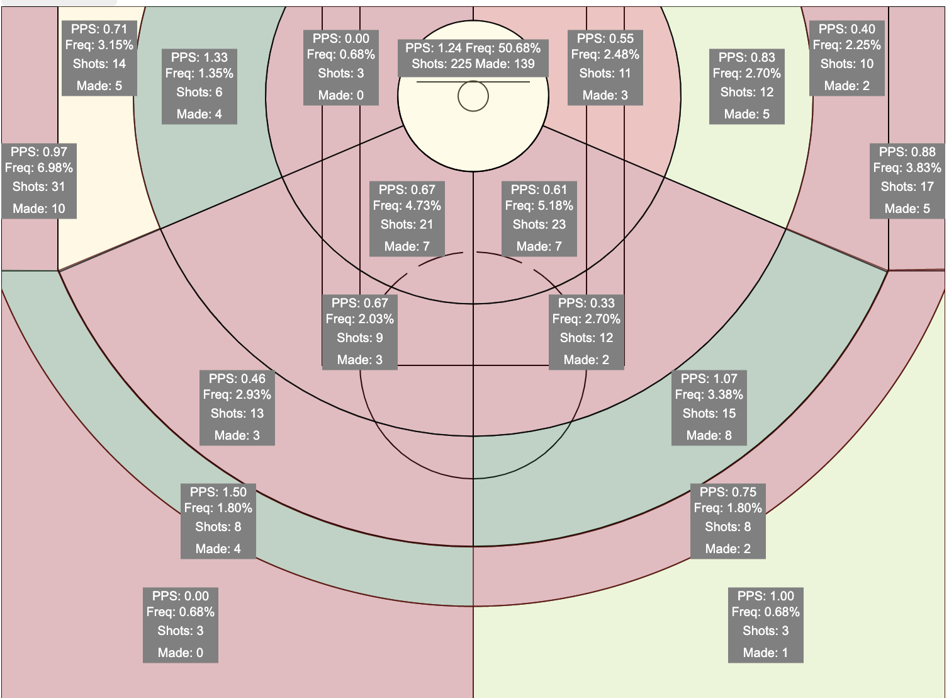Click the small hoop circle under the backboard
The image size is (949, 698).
473,96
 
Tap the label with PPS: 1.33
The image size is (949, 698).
199,86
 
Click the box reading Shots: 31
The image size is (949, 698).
39,181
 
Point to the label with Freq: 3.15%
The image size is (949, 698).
99,58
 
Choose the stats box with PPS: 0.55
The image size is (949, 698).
605,67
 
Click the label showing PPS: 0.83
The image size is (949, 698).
747,86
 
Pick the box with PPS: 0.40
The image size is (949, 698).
847,58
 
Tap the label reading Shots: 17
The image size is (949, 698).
907,181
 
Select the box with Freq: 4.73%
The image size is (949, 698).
407,219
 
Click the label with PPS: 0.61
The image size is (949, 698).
539,219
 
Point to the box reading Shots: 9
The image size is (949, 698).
360,332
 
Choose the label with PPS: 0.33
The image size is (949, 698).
587,332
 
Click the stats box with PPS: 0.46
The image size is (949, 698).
237,408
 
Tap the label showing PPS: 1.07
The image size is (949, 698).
709,408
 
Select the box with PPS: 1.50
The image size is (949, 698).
218,521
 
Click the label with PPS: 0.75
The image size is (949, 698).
728,521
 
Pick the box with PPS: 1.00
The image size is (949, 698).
765,625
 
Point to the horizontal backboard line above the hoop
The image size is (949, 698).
473,82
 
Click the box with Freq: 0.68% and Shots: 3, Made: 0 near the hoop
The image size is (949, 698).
341,67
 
